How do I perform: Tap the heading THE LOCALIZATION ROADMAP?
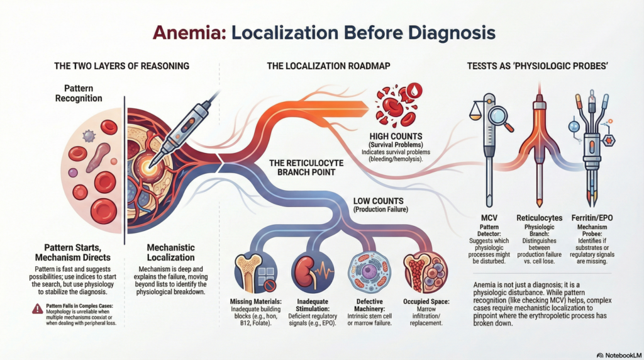pos(320,65)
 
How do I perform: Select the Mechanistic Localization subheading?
pos(170,253)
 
